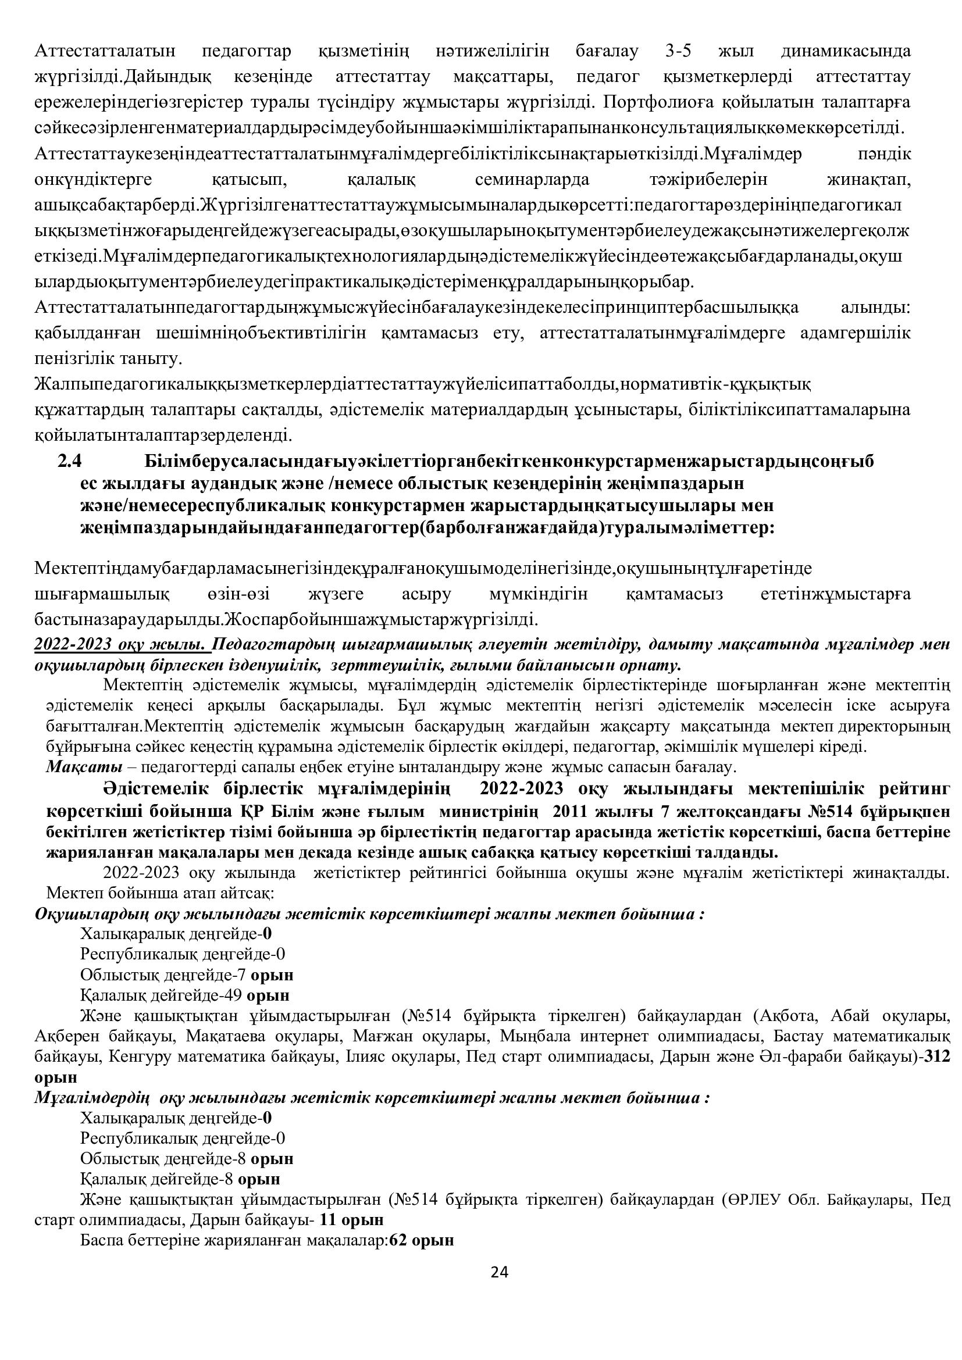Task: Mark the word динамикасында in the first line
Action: coord(847,52)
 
